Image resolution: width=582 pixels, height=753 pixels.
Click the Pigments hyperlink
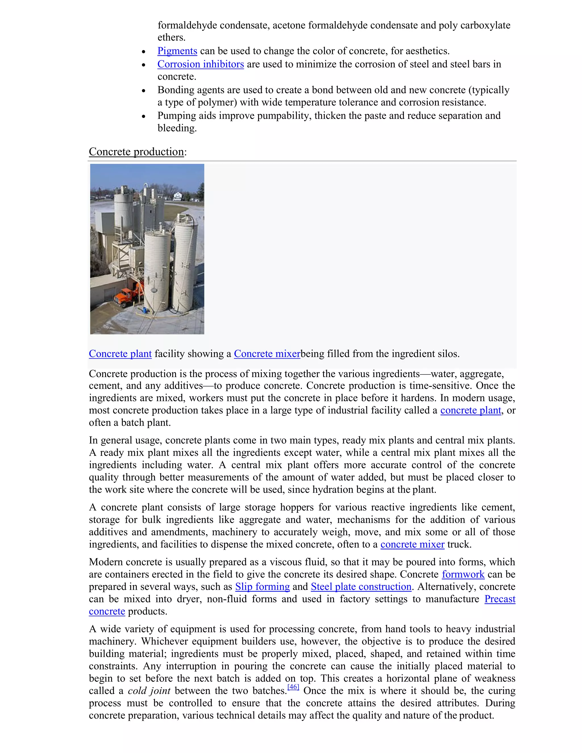[177, 51]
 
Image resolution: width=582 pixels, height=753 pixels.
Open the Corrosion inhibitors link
[200, 64]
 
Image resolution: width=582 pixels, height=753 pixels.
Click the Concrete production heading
[136, 152]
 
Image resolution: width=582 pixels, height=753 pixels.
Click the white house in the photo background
[177, 196]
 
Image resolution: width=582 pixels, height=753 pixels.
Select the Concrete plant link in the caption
[120, 354]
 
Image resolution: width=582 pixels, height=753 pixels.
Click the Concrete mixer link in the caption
[267, 354]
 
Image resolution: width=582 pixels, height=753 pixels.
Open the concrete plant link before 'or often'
[470, 410]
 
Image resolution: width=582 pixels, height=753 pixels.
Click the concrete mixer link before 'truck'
[412, 544]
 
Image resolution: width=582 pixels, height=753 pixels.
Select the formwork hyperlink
[463, 574]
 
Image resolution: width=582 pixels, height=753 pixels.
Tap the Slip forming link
[262, 587]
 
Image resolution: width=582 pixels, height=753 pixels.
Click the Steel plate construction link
[361, 587]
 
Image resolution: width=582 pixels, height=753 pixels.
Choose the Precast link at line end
[500, 599]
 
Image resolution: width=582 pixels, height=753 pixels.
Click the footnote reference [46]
[293, 687]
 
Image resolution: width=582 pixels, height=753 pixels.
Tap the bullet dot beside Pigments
[144, 52]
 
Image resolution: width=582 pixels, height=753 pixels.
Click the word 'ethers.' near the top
[171, 38]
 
